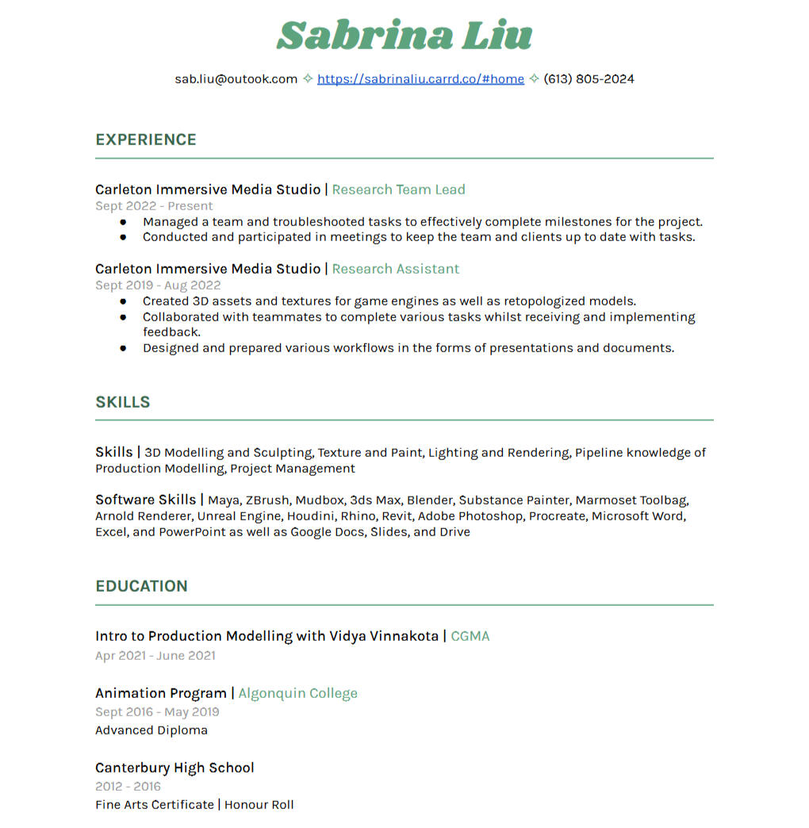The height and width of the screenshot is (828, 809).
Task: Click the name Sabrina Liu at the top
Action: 404,36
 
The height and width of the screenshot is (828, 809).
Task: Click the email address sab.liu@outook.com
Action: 236,79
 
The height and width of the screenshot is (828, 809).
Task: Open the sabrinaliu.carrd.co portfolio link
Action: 420,79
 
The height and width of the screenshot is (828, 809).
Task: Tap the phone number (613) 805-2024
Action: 589,79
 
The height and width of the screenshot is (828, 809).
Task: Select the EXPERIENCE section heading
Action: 146,140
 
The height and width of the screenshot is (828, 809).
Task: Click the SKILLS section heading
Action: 123,402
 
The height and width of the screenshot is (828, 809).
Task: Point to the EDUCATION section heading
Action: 141,586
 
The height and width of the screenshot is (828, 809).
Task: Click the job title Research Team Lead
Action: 398,190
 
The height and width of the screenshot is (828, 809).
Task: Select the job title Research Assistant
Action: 395,269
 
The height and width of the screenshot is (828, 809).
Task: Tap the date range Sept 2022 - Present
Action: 154,206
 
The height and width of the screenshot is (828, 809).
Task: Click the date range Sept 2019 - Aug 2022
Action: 158,286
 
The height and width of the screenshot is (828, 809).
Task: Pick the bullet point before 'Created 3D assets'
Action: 123,301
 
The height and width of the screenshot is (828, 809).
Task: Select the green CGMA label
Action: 470,636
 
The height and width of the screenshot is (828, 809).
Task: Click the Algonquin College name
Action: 297,693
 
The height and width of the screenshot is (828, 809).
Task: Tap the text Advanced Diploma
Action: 151,730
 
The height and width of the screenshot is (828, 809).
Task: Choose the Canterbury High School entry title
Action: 174,768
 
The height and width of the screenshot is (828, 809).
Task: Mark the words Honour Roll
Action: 259,805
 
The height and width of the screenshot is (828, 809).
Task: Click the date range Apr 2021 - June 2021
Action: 155,656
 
